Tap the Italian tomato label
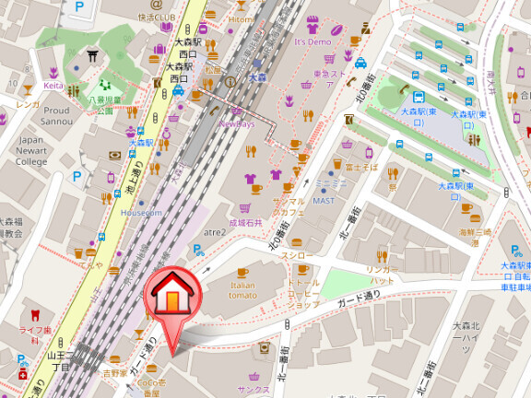[242, 289]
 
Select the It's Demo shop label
[313, 42]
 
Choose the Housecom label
[141, 213]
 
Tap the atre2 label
[215, 232]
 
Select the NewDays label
[237, 123]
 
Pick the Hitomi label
[241, 19]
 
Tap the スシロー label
[297, 254]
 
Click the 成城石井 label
[245, 222]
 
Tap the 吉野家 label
[114, 373]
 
